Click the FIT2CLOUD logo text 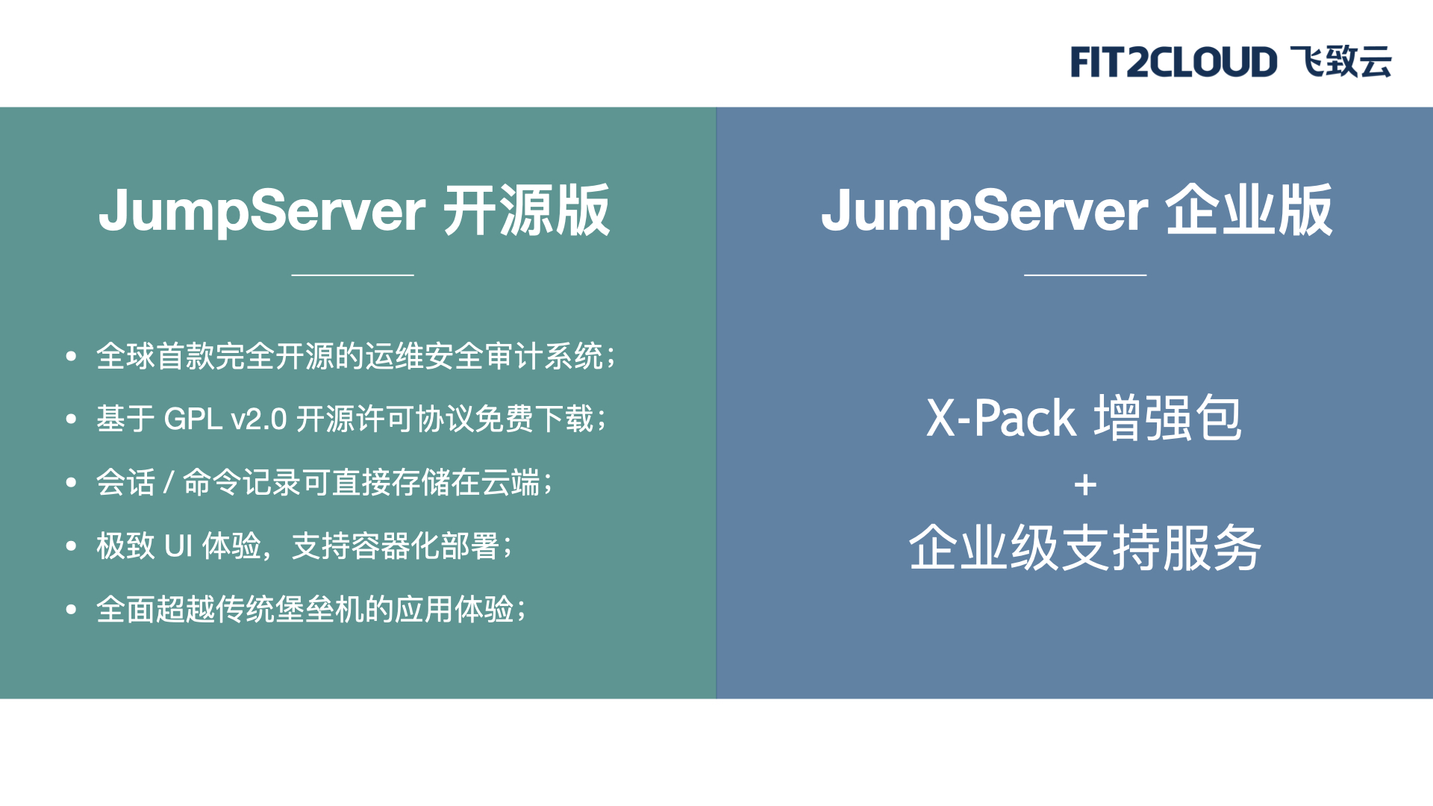click(1174, 62)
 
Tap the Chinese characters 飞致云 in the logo click(1341, 61)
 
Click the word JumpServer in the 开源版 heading click(262, 211)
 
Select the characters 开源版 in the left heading click(527, 210)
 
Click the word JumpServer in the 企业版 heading click(984, 211)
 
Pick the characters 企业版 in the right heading click(1249, 210)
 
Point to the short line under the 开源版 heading click(352, 275)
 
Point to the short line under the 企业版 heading click(1085, 275)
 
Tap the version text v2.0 click(259, 419)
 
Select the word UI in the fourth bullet click(178, 546)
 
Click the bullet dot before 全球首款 click(71, 356)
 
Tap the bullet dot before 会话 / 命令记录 click(71, 483)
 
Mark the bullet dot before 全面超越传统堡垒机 click(71, 610)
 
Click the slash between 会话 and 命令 click(169, 483)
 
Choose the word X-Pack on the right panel click(1001, 418)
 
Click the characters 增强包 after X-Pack click(1168, 417)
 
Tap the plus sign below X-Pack click(1085, 486)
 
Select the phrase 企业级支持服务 click(1085, 548)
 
